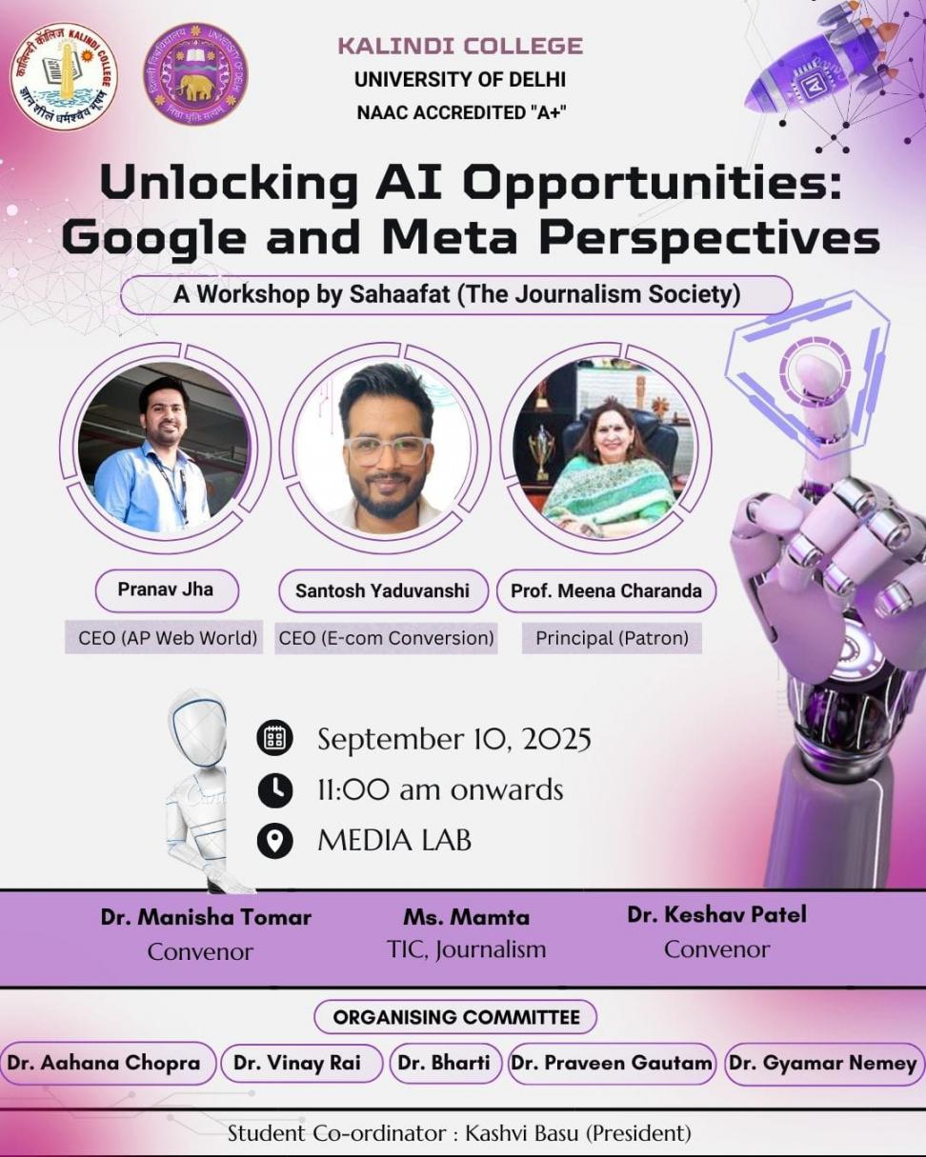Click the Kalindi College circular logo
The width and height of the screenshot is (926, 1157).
(x=65, y=77)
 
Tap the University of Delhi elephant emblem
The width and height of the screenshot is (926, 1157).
(x=195, y=74)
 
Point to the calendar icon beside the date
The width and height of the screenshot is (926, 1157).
(x=275, y=738)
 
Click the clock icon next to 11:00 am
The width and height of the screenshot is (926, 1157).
(x=275, y=790)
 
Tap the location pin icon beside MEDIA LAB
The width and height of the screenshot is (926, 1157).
(x=275, y=840)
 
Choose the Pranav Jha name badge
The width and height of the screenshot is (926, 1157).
(x=167, y=589)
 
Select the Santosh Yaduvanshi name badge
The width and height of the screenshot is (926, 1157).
(x=383, y=590)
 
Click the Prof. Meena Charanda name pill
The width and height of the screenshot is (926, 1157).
(x=606, y=590)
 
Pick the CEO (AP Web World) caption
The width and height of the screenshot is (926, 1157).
(x=164, y=638)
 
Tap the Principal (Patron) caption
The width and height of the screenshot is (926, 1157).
(x=612, y=638)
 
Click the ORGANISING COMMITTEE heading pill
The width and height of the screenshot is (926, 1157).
(x=455, y=1017)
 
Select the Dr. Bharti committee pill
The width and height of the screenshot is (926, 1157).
(x=445, y=1063)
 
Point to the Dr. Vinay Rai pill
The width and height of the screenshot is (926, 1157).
(x=297, y=1063)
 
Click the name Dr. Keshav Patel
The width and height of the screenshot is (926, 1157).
(x=716, y=915)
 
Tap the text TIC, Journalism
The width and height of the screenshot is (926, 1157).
(x=467, y=949)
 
